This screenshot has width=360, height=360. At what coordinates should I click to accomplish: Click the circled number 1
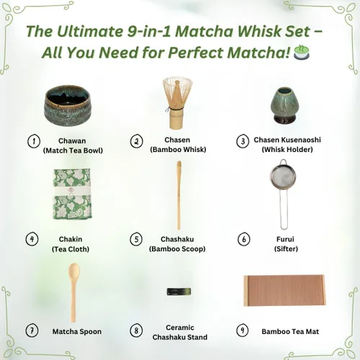(x=32, y=140)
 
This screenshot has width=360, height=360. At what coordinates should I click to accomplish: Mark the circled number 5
(x=136, y=238)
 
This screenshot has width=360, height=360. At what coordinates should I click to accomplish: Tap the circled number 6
(x=243, y=238)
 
